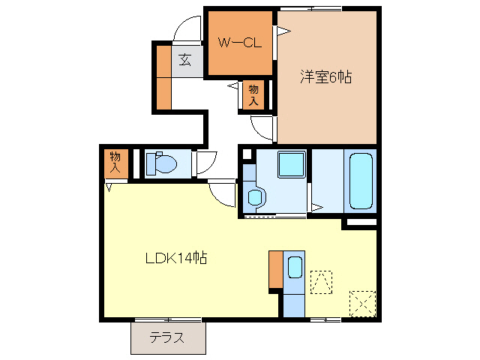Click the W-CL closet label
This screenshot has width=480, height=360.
239,43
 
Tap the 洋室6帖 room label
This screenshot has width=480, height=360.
326,76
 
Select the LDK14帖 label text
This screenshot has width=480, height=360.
176,259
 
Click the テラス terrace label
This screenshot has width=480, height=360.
166,337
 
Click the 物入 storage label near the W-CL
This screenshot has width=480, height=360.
253,94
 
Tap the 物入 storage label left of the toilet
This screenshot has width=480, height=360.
115,163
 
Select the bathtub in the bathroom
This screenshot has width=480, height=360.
361,181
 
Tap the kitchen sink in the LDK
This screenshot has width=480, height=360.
294,269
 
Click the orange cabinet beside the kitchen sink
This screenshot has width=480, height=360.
275,269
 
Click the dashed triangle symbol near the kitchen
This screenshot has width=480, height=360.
321,282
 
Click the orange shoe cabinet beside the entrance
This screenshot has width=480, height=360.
163,77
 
